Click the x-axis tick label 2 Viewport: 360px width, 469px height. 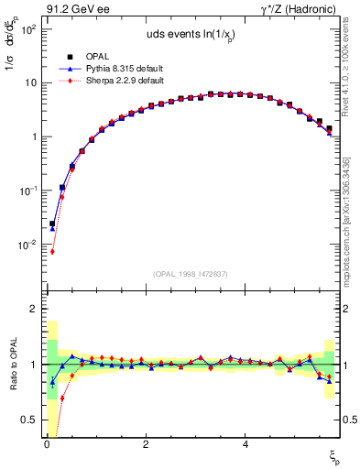[x=146, y=444]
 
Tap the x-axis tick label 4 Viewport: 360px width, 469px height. [x=245, y=444]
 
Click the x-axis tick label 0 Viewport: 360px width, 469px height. [x=47, y=444]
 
